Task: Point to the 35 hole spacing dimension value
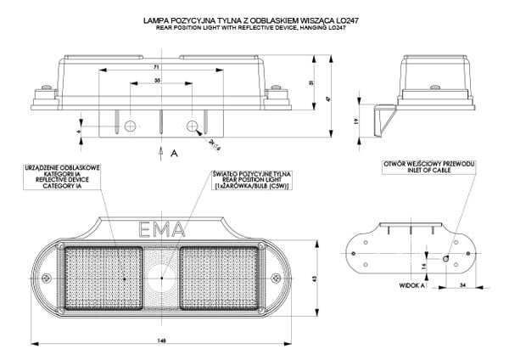pyautogui.click(x=158, y=80)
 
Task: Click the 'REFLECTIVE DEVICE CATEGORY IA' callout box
pyautogui.click(x=64, y=177)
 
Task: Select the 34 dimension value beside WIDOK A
pyautogui.click(x=461, y=286)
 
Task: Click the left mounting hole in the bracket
pyautogui.click(x=129, y=126)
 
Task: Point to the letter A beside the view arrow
pyautogui.click(x=173, y=154)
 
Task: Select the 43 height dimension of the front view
pyautogui.click(x=313, y=278)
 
